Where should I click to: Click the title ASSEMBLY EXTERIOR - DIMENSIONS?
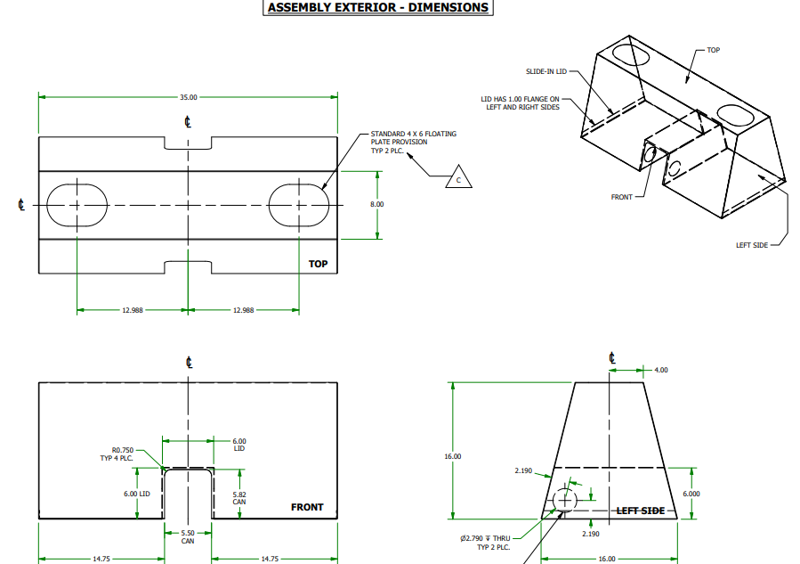[378, 8]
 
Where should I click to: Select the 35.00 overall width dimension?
[188, 97]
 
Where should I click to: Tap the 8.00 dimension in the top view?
[377, 204]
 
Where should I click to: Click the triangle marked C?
[458, 178]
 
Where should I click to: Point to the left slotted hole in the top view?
[77, 205]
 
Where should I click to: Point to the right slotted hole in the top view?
[299, 205]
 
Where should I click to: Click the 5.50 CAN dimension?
[188, 537]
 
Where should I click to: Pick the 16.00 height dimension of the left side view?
[453, 456]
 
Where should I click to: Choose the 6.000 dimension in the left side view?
[691, 493]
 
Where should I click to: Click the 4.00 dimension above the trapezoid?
[660, 369]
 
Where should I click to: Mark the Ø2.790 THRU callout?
[485, 542]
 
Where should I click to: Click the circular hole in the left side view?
[565, 501]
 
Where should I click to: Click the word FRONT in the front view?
[307, 507]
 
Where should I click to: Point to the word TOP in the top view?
[318, 264]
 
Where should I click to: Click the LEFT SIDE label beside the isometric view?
[752, 245]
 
